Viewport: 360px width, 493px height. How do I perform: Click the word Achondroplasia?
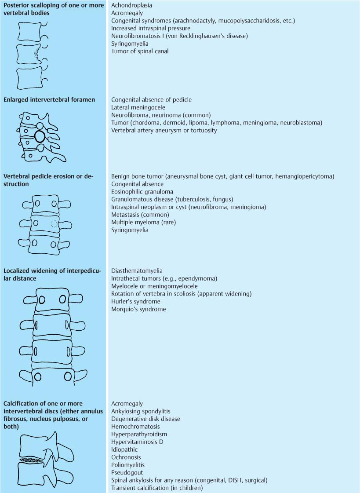[x=131, y=5]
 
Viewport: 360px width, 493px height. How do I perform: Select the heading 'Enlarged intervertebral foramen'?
[x=49, y=100]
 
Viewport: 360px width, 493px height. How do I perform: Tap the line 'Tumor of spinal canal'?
[x=140, y=51]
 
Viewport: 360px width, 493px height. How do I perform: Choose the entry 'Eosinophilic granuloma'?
[x=142, y=192]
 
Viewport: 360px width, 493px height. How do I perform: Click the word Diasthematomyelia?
[x=136, y=271]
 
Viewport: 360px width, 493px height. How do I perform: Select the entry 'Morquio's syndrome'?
[x=138, y=309]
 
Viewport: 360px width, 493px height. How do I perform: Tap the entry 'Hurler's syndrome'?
[x=135, y=302]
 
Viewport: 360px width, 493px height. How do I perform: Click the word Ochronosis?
[x=127, y=457]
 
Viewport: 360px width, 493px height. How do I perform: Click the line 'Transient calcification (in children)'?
[x=157, y=488]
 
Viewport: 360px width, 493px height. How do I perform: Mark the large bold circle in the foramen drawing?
[x=40, y=136]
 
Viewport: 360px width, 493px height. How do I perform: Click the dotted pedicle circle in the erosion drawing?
[x=54, y=223]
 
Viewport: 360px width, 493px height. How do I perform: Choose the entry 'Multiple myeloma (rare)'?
[x=143, y=223]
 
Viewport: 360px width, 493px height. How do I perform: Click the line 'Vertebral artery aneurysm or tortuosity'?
[x=164, y=131]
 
